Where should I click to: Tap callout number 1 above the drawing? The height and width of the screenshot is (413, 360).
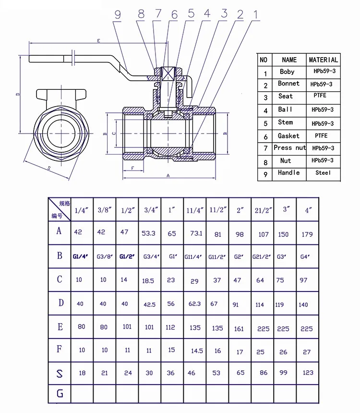pos(255,15)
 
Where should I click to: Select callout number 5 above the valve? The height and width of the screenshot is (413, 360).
pos(191,14)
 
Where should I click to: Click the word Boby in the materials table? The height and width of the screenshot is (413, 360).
pos(287,72)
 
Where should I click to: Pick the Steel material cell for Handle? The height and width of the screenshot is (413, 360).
pos(324,172)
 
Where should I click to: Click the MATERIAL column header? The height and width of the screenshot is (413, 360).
pos(324,60)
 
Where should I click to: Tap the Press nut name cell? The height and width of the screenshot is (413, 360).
pos(289,148)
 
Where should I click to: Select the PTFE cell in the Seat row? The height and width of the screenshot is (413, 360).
pos(320,96)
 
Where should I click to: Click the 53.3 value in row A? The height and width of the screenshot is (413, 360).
pos(149,233)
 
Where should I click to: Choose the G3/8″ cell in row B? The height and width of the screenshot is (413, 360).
pos(105,256)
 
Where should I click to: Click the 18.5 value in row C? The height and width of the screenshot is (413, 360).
pos(148,280)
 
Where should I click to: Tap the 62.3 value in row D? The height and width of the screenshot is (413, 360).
pos(194,304)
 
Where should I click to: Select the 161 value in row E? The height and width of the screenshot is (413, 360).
pos(240,329)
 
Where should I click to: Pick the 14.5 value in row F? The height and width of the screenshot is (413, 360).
pos(197,351)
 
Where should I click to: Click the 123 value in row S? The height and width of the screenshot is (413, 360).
pos(308,372)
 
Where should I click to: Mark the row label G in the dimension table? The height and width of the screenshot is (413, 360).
pos(60,394)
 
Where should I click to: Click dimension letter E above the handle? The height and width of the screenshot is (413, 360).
pos(98,42)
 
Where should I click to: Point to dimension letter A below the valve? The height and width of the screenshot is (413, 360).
pos(168,176)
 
